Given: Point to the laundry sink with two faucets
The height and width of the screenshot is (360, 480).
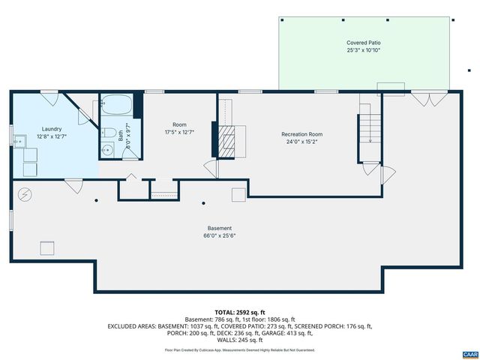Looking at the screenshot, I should pos(21,140).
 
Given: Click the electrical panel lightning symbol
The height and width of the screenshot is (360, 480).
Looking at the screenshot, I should pos(24,193).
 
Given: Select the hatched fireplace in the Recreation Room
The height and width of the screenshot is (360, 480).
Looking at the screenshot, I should pos(232,139).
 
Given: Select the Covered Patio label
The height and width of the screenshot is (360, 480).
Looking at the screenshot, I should pos(363,43).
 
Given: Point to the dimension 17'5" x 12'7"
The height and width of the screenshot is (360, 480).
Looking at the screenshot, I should pos(179,132).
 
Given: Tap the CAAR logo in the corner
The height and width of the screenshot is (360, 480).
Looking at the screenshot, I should pos(469,353).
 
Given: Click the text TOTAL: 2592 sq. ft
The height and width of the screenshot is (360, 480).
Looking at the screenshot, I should pos(240,312).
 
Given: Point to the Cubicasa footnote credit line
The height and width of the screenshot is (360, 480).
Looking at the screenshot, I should pos(240,349).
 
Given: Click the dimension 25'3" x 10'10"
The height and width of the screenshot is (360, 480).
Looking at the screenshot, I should pos(363,51).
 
